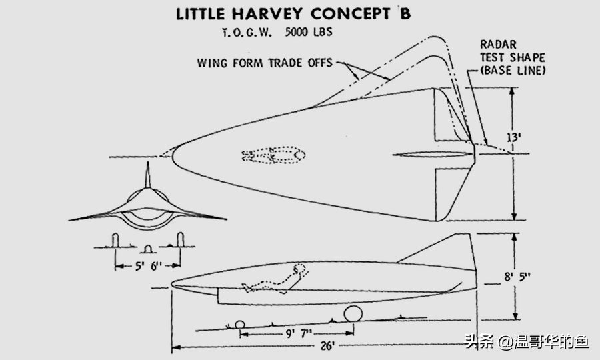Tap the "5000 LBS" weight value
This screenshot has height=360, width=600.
coord(307,33)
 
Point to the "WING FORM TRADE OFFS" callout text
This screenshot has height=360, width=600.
coord(265,64)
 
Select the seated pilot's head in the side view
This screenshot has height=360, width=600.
coord(299,269)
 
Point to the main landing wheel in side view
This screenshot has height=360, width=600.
coord(353,315)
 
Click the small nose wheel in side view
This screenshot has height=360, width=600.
coord(241,325)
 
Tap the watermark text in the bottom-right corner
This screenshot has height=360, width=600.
coord(526,341)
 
